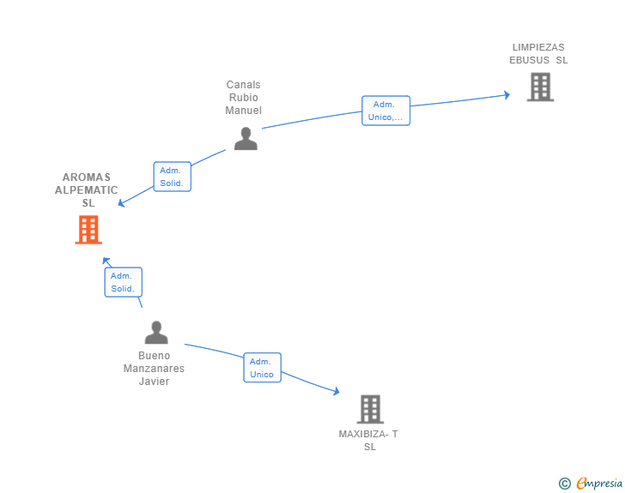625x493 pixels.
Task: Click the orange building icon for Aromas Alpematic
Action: click(88, 230)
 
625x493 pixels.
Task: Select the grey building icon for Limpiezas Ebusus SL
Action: click(541, 87)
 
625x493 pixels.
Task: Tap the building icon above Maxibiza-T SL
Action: click(370, 409)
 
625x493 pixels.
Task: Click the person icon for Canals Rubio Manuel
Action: click(246, 139)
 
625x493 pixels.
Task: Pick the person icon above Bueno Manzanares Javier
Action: click(156, 333)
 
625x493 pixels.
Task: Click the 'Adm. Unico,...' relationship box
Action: click(385, 111)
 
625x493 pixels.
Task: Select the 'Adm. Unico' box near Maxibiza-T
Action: click(263, 368)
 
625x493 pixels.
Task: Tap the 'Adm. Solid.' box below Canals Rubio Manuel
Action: click(173, 177)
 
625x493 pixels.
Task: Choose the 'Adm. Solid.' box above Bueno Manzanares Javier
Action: click(123, 282)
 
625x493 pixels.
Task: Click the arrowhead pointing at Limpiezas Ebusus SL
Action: click(507, 95)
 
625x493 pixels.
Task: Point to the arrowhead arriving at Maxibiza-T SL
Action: click(337, 391)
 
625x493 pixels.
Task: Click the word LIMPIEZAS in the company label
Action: click(538, 47)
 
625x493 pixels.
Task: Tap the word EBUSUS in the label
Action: click(530, 60)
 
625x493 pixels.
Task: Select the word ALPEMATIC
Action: click(86, 190)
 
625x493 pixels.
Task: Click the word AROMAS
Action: click(87, 177)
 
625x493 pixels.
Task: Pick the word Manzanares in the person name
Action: click(154, 369)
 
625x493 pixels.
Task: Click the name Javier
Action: click(154, 381)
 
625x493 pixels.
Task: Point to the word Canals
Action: click(243, 85)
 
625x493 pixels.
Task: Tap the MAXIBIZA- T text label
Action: click(368, 434)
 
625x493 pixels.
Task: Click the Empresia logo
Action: click(591, 483)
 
